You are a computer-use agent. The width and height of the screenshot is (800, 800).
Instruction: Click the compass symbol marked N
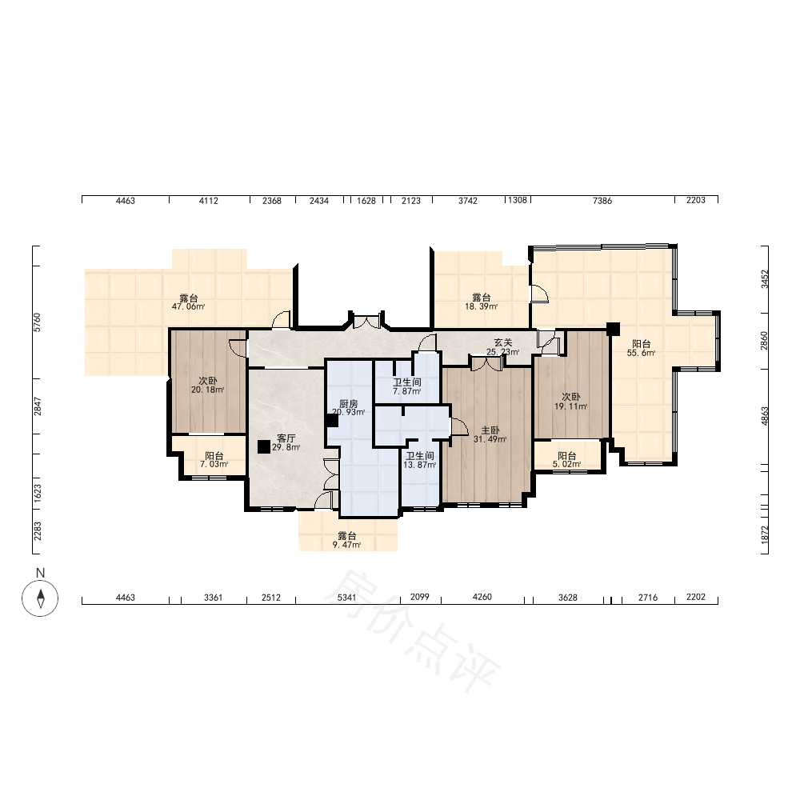tap(40, 598)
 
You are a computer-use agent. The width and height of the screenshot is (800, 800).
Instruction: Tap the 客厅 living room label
tap(286, 438)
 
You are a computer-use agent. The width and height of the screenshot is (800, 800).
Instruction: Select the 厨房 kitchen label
tap(349, 404)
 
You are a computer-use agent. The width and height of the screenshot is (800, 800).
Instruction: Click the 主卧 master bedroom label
tap(490, 430)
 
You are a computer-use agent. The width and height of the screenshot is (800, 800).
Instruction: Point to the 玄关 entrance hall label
tap(503, 343)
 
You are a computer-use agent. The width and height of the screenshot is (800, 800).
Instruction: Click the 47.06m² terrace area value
tap(188, 306)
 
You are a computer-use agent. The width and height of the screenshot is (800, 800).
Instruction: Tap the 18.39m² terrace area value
tap(481, 306)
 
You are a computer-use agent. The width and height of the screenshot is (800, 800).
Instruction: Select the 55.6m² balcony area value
tap(642, 353)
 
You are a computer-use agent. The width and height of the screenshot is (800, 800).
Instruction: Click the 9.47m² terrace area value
tap(347, 545)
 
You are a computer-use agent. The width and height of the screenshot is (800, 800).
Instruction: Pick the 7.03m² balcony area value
tap(214, 464)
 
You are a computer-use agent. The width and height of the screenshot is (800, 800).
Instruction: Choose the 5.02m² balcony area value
tap(567, 464)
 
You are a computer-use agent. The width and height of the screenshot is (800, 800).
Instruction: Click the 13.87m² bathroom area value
tap(420, 465)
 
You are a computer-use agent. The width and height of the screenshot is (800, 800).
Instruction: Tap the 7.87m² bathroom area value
tap(406, 391)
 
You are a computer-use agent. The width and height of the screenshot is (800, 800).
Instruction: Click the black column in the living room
tap(264, 447)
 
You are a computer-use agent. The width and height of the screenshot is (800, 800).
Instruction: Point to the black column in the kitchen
tap(332, 421)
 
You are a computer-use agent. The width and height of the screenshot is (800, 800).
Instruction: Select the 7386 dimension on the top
tap(602, 201)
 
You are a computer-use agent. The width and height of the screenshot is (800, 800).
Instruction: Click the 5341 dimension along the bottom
tap(347, 598)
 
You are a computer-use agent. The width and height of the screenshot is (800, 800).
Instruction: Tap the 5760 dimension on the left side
tap(38, 322)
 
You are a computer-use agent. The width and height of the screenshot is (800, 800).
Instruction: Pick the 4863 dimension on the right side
tap(764, 416)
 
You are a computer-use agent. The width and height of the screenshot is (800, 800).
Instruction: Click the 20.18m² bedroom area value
tap(208, 390)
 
